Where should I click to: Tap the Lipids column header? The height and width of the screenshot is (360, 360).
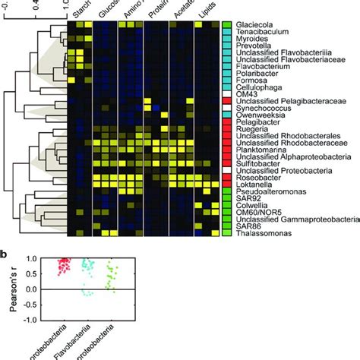coord(206,11)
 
